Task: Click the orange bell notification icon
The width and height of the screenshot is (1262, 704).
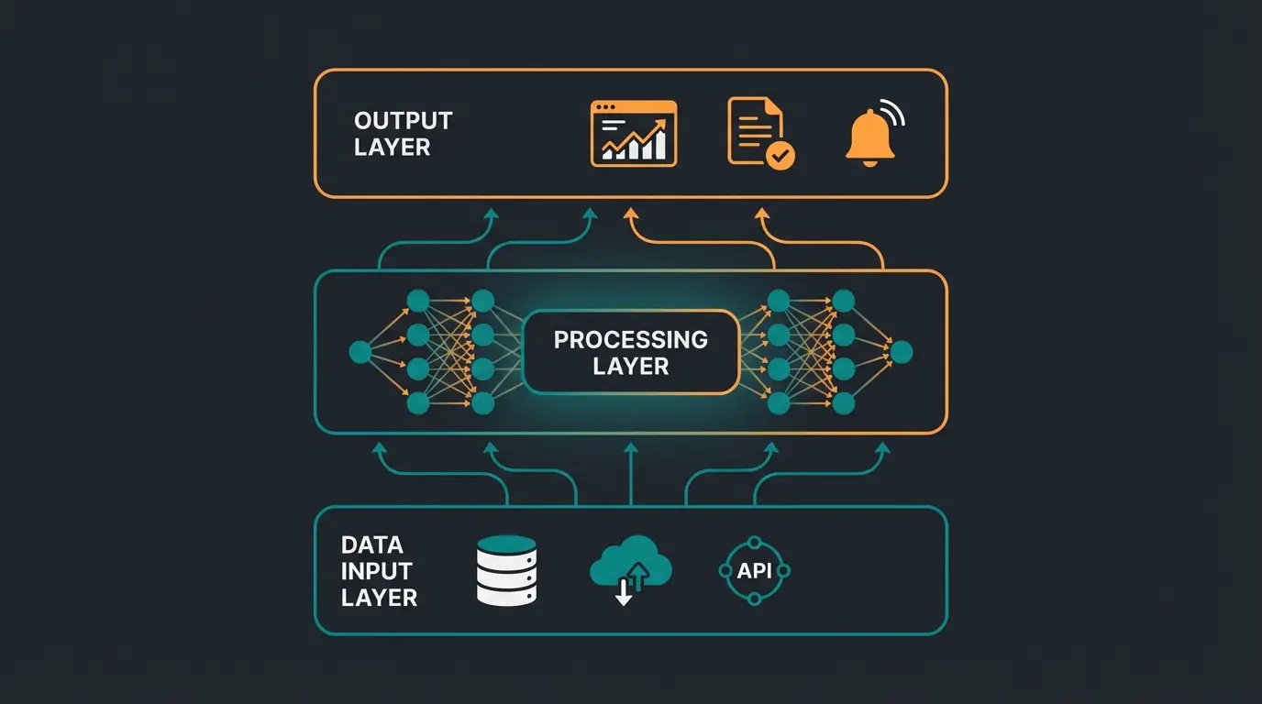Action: pos(869,139)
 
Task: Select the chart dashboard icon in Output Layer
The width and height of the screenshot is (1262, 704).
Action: pos(634,134)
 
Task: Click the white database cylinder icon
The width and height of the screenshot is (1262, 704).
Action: pos(506,570)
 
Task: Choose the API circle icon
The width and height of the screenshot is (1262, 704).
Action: pos(753,571)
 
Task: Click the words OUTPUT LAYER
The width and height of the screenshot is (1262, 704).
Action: pos(403,134)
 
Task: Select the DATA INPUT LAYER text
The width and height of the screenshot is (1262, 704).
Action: pos(379,571)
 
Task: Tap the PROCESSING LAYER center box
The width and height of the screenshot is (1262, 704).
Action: pos(630,353)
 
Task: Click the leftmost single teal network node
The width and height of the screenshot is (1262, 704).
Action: pos(360,352)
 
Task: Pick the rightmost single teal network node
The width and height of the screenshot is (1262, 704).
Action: pos(901,352)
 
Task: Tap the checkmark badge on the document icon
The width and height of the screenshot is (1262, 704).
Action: pos(781,157)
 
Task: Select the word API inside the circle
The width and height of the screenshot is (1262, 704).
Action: pos(753,571)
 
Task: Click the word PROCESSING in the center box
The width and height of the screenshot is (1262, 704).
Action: pos(630,340)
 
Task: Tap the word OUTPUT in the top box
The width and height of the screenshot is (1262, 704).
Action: pos(403,121)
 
